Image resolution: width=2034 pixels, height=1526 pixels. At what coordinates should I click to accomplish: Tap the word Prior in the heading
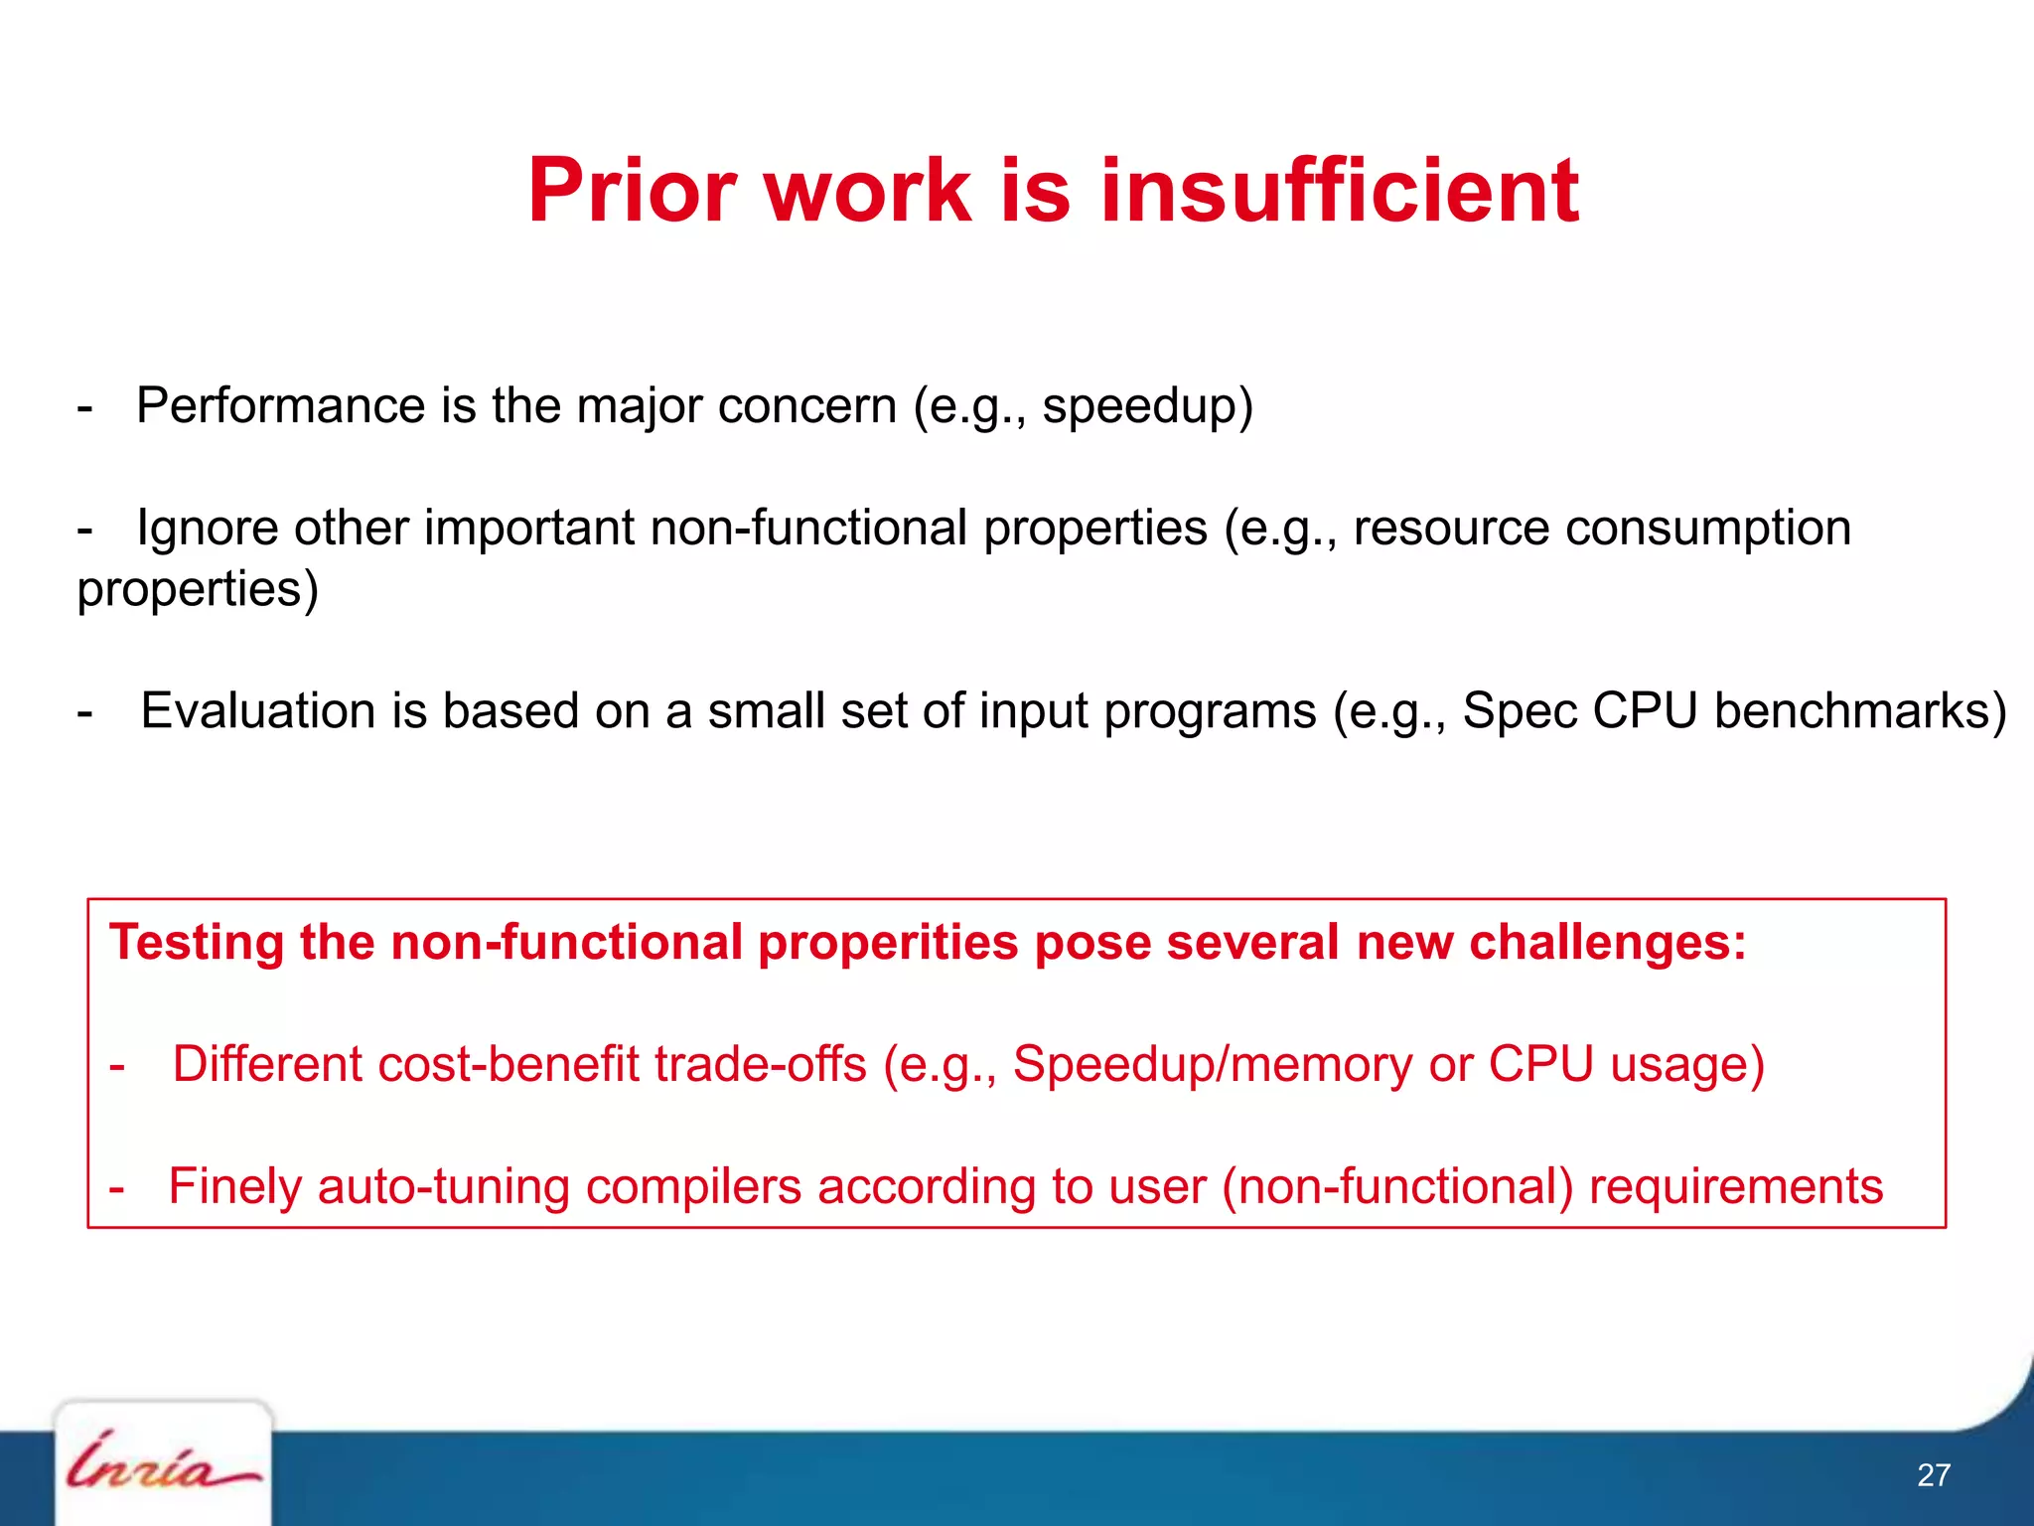(x=632, y=191)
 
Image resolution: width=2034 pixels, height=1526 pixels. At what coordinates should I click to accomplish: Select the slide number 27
(x=1933, y=1474)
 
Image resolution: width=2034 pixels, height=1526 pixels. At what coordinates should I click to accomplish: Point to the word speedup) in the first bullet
(x=1147, y=406)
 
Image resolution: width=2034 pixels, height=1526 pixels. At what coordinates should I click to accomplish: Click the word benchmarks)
(x=1860, y=711)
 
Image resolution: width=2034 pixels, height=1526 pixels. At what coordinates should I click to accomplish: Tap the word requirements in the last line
(x=1735, y=1186)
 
